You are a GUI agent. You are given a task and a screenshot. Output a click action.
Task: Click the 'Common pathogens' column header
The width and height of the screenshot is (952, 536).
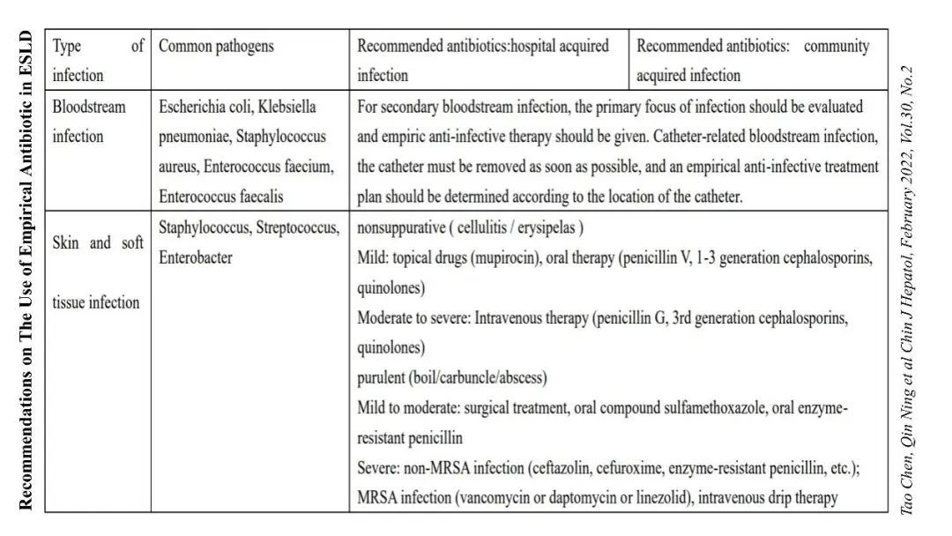tap(216, 46)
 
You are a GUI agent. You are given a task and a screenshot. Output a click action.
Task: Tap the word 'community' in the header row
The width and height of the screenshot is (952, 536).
tap(836, 46)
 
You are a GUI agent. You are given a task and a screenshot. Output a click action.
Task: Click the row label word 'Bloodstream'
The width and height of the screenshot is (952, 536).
tap(89, 108)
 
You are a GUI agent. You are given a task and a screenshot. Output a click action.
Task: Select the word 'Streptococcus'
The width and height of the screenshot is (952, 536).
tap(298, 227)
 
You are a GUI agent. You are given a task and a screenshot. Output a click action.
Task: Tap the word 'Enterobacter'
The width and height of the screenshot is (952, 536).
tap(196, 258)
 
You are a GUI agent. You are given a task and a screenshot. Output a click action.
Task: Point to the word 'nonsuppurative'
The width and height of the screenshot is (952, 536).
tap(399, 227)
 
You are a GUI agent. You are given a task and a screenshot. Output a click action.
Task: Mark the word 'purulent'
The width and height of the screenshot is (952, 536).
tap(381, 378)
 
